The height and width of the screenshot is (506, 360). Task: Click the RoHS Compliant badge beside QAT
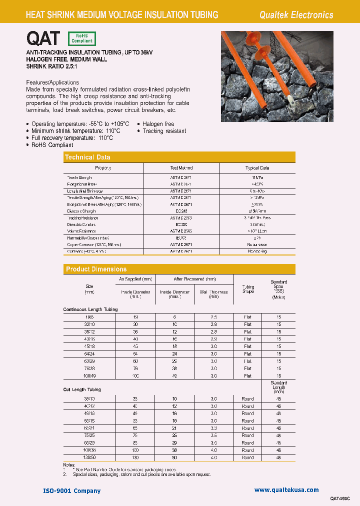coord(81,38)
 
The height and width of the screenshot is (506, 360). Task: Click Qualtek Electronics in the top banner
coord(296,15)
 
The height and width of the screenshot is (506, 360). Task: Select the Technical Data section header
coord(87,157)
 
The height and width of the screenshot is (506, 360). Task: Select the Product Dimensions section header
coord(96,269)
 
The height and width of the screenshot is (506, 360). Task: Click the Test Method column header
coord(181,168)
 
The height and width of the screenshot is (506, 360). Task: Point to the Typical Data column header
coord(257,168)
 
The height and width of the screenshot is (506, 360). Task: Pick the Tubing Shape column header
coord(248,289)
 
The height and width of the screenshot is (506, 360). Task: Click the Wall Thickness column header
coord(213,294)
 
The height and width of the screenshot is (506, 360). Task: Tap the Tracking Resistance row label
coord(83,218)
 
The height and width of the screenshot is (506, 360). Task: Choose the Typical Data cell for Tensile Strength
coord(257,177)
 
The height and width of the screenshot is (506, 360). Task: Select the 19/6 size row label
coord(89,317)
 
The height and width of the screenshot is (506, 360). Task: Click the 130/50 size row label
coord(89,457)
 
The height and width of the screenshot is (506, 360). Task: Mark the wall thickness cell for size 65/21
coord(213,428)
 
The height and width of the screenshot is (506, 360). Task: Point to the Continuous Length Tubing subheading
coord(90,309)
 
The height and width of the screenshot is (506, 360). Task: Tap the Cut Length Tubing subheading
coord(82,389)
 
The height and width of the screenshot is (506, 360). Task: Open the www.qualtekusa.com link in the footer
coord(286,490)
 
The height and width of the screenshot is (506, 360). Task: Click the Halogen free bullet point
coord(158,124)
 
